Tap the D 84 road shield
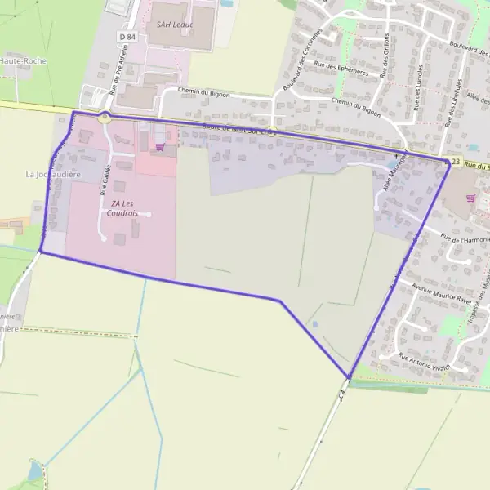(127, 37)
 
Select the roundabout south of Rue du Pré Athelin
(105, 118)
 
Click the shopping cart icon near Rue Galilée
(159, 147)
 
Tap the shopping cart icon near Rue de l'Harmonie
(470, 198)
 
